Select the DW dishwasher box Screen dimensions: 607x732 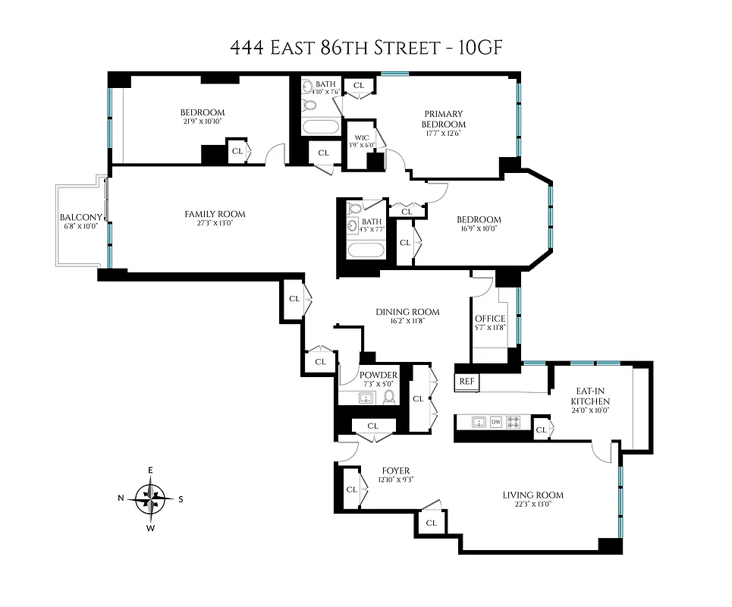point(496,421)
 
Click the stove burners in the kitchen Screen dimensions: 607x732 point(514,421)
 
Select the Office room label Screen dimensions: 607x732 point(489,319)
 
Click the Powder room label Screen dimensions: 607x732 point(379,376)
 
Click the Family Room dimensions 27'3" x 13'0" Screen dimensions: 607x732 point(215,225)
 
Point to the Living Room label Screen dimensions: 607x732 point(533,495)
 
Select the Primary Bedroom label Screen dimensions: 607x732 point(445,119)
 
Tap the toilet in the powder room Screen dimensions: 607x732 point(389,396)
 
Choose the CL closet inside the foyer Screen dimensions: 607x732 point(351,489)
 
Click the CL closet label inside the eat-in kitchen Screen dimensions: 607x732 point(541,430)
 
